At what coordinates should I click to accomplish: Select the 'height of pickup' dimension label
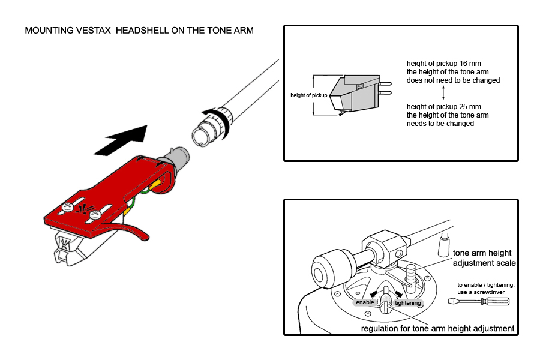point(308,95)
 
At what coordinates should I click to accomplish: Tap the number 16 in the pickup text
point(463,64)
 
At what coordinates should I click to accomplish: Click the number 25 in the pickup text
point(464,107)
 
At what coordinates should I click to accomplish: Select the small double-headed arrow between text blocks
point(443,93)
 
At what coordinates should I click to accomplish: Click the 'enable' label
point(365,302)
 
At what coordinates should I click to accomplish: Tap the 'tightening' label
point(408,303)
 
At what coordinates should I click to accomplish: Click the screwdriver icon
point(479,301)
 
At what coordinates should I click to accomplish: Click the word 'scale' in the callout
point(505,263)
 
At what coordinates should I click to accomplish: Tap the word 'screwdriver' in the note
point(489,292)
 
